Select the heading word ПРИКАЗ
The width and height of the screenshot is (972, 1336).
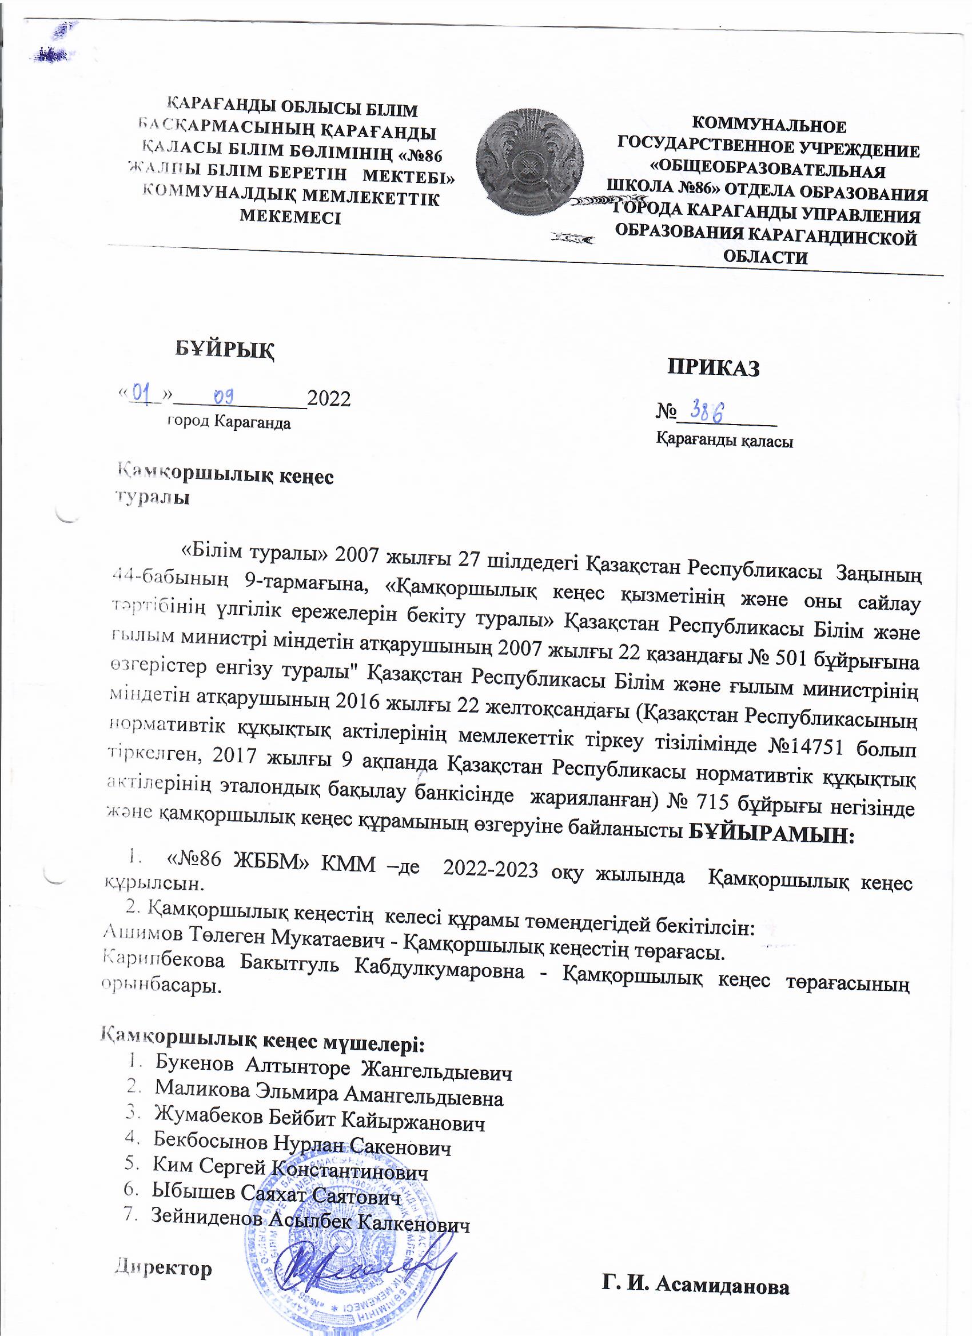point(713,367)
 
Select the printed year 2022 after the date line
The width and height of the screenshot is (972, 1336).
point(329,399)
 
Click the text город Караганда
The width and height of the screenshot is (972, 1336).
point(229,422)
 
